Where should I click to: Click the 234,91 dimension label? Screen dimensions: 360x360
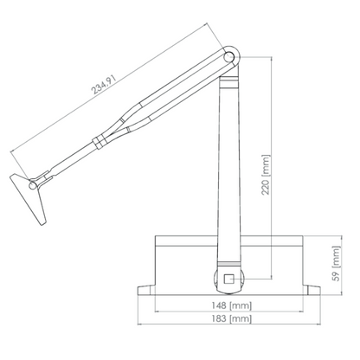(x=104, y=85)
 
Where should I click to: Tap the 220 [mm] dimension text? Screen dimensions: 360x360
(x=266, y=175)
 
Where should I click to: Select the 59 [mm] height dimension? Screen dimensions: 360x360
(x=337, y=263)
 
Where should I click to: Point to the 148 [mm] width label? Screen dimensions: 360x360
(x=232, y=305)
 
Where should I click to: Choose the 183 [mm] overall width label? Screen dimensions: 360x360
(x=232, y=318)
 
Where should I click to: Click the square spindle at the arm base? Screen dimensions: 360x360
(x=228, y=279)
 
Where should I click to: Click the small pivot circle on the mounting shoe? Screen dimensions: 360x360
(x=33, y=185)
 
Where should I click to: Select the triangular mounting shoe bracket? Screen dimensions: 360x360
(x=29, y=198)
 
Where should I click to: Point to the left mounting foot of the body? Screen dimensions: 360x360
(x=146, y=290)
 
